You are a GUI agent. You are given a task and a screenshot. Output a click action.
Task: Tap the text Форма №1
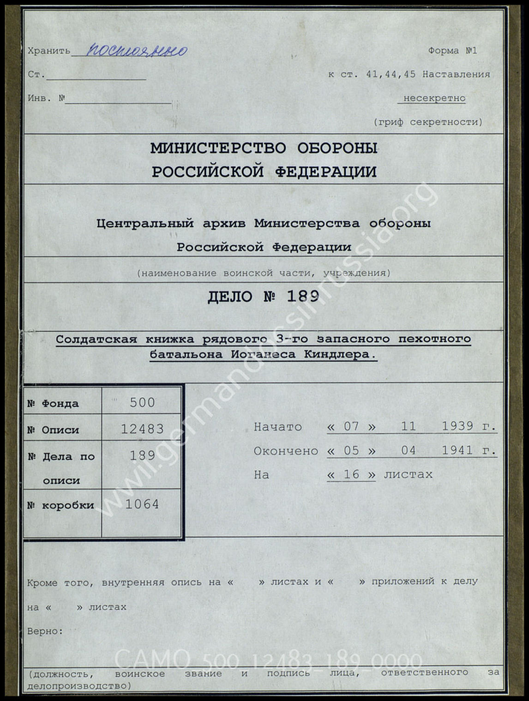click(x=452, y=51)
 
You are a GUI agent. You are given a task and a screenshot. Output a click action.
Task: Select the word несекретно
click(x=434, y=98)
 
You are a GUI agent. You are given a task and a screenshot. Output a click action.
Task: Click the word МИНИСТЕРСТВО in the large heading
click(x=218, y=148)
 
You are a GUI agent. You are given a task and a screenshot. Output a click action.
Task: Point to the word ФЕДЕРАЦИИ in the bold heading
click(x=325, y=172)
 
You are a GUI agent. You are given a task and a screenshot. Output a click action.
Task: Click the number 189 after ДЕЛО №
click(x=303, y=296)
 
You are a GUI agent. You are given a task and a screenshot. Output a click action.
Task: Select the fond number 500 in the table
click(x=142, y=403)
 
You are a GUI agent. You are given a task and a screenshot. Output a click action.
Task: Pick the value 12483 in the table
click(x=142, y=429)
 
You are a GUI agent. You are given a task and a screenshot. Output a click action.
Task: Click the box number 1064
click(x=142, y=505)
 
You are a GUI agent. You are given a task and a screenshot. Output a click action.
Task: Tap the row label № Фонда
click(x=53, y=404)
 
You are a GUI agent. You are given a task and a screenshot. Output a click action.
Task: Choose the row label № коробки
click(x=60, y=505)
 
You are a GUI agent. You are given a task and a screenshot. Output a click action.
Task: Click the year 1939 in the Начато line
click(x=457, y=426)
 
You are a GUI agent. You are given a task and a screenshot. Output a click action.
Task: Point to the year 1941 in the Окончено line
click(x=457, y=451)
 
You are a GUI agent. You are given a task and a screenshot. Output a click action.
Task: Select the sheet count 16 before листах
click(x=351, y=475)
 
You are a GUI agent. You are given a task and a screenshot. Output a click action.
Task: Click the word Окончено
click(x=286, y=451)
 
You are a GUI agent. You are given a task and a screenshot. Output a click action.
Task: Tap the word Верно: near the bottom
click(x=45, y=631)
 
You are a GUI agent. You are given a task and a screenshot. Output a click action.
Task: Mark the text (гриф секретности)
click(x=428, y=122)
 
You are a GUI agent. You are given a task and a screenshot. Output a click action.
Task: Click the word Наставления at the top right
click(x=456, y=74)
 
